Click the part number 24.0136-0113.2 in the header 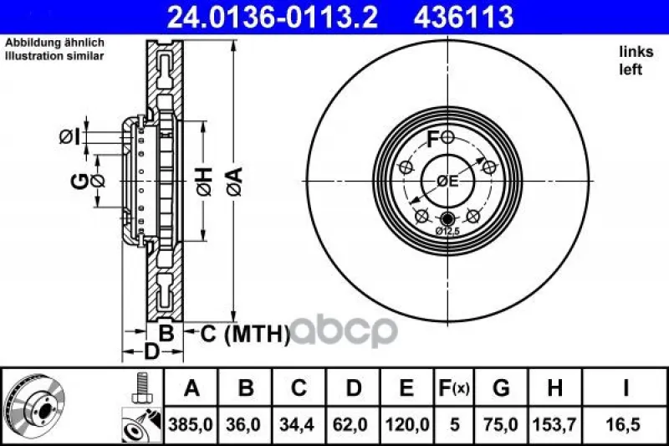point(273,17)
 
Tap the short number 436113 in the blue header point(463,17)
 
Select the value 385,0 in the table point(191,424)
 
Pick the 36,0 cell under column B point(244,424)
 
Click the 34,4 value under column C point(297,424)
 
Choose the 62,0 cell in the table point(350,424)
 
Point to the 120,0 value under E point(407,424)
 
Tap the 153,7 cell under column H point(554,424)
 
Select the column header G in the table point(501,388)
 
